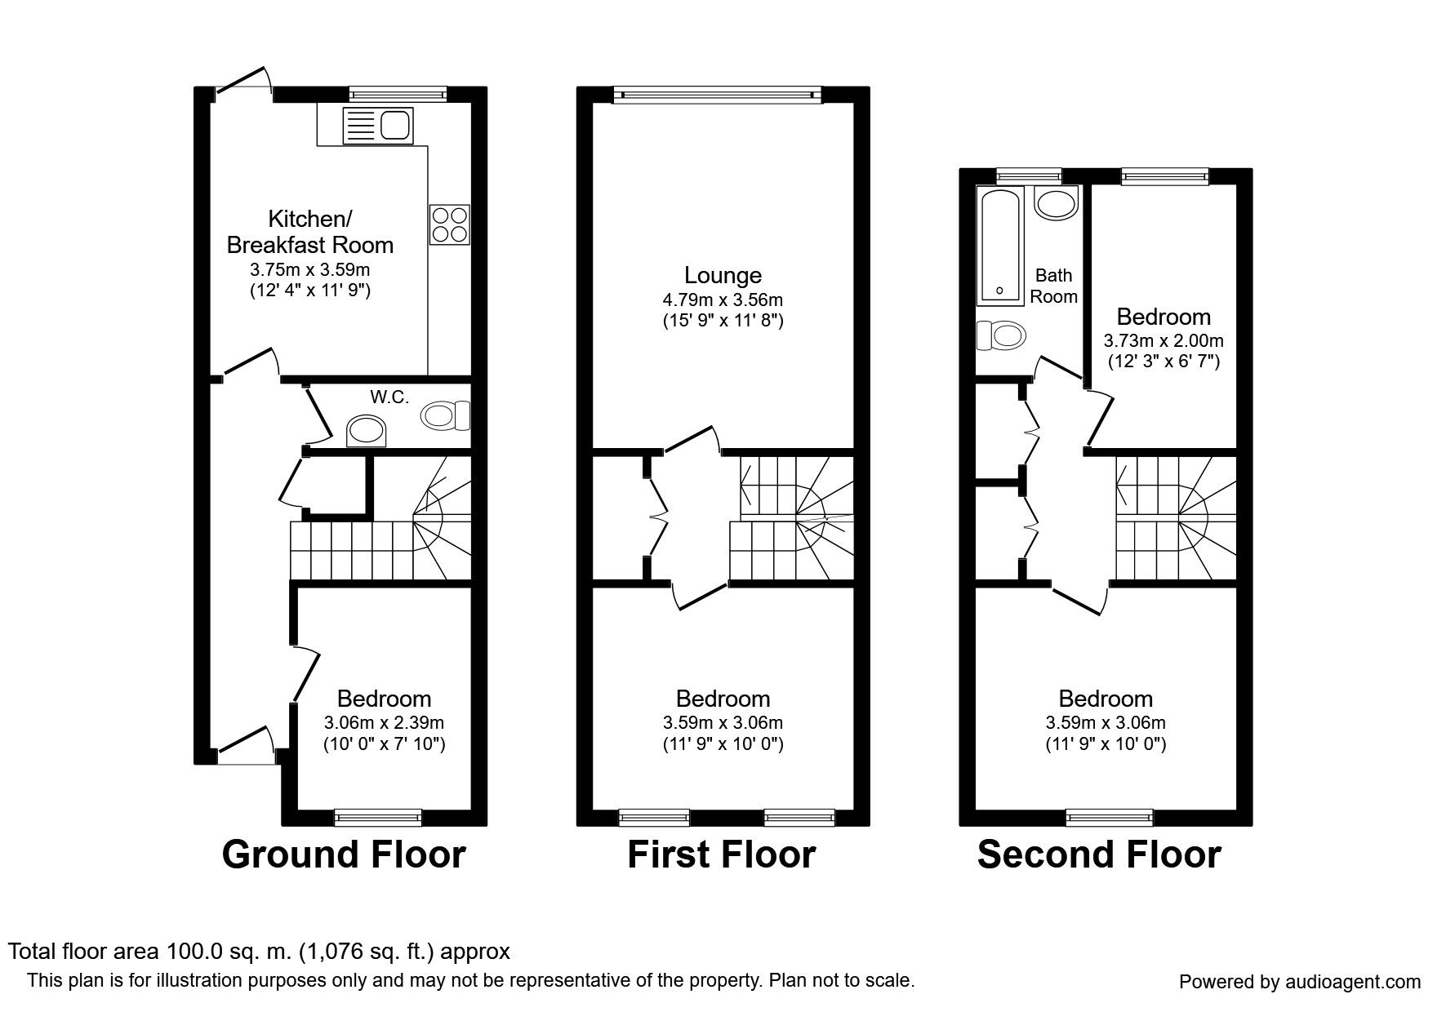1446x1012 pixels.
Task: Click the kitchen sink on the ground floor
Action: click(379, 126)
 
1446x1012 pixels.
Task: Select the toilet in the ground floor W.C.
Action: click(447, 415)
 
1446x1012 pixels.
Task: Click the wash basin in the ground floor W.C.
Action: click(366, 431)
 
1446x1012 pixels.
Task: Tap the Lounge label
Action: click(723, 276)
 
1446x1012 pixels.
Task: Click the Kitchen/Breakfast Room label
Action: click(310, 232)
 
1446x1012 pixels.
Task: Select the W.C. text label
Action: click(389, 397)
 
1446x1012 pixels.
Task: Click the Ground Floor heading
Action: click(344, 854)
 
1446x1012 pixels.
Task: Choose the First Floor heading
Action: click(722, 854)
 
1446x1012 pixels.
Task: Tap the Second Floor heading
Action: click(1099, 854)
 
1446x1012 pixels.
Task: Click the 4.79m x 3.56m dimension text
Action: click(723, 300)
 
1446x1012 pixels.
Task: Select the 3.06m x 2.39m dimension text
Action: click(384, 723)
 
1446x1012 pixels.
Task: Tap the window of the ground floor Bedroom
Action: click(378, 817)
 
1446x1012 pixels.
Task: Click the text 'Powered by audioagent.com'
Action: click(1300, 983)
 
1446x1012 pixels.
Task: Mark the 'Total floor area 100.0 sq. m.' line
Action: click(259, 951)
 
